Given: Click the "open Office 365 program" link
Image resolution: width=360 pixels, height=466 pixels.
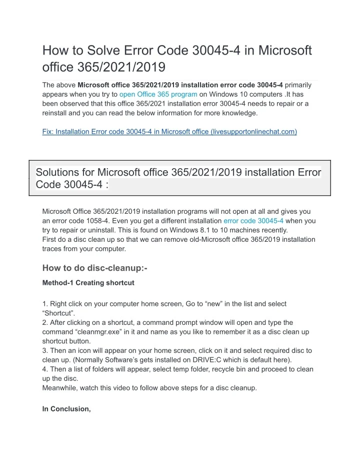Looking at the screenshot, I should pos(158,94).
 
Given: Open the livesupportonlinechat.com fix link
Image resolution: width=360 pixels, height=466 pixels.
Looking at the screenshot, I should pos(169,132).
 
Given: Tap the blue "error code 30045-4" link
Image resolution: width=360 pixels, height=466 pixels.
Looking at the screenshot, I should pos(253,220).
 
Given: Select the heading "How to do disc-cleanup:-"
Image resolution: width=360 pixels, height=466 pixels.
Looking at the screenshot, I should pos(95,268).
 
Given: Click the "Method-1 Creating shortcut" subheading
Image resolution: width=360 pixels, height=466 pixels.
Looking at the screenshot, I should pos(88,283).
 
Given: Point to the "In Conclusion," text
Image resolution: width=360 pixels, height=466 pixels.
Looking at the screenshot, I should pos(66,409).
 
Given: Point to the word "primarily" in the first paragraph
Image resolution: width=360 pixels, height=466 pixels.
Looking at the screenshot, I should pos(298,85).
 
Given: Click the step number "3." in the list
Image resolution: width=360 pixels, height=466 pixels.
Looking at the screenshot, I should pos(45,350).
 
